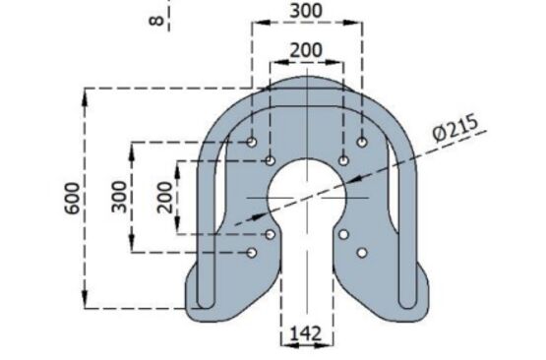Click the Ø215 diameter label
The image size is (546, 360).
(455, 128)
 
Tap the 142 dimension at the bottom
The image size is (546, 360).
(306, 333)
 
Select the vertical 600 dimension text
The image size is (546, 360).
(72, 198)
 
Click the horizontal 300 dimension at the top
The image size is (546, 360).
(306, 11)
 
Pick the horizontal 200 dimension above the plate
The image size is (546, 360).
(306, 50)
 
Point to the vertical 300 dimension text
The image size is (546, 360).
(119, 197)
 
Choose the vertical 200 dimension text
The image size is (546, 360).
(164, 198)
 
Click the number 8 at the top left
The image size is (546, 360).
(156, 21)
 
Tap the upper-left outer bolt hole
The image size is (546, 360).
(252, 142)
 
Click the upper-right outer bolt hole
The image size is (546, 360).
(362, 142)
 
